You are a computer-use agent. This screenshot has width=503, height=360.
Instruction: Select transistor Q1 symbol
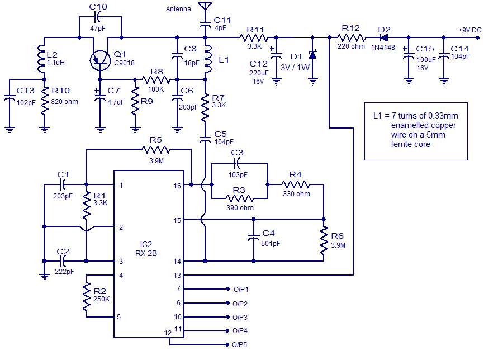point(101,59)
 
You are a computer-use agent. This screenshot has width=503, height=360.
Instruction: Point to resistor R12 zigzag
point(351,38)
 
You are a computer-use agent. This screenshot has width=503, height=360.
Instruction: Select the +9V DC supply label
point(469,30)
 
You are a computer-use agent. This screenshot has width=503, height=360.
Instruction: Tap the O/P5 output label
point(240,345)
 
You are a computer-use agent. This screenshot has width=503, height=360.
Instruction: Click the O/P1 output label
point(240,289)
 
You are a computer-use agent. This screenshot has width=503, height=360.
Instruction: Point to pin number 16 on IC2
point(177,186)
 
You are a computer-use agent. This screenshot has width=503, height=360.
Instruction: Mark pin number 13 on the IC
point(177,275)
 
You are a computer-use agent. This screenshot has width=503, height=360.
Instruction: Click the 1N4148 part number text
point(383,48)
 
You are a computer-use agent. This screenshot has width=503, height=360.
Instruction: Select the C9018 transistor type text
point(124,63)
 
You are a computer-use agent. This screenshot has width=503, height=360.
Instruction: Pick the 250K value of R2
point(101,299)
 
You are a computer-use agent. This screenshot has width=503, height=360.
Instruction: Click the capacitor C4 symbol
point(254,239)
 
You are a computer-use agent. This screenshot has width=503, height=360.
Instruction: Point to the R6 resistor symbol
point(324,240)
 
